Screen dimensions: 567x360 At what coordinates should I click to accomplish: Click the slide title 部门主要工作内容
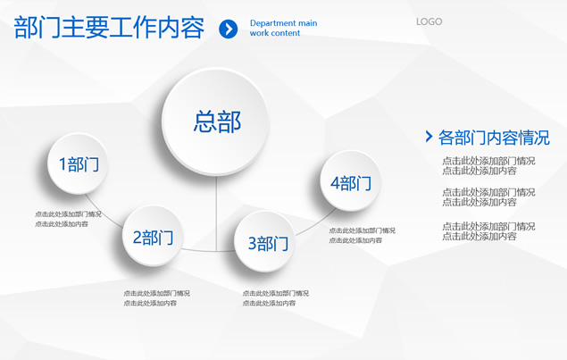[x=109, y=28]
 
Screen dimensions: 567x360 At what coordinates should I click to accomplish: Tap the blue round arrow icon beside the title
[x=229, y=29]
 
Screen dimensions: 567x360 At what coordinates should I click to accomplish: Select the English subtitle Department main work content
[x=284, y=28]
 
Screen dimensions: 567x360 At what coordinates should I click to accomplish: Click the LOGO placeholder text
[x=429, y=21]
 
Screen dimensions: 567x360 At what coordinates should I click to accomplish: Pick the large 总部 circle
[x=216, y=121]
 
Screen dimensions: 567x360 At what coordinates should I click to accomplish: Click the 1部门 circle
[x=78, y=163]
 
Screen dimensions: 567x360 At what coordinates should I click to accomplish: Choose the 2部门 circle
[x=153, y=236]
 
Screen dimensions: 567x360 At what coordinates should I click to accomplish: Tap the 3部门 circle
[x=265, y=242]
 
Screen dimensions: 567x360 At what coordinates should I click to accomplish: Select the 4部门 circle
[x=350, y=181]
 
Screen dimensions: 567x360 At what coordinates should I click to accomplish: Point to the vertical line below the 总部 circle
[x=216, y=213]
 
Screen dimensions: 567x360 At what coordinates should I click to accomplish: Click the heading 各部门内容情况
[x=494, y=138]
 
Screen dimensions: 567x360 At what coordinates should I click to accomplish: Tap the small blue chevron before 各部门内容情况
[x=429, y=137]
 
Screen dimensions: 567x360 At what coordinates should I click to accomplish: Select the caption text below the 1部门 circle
[x=68, y=219]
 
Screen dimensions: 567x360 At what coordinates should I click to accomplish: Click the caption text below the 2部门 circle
[x=156, y=298]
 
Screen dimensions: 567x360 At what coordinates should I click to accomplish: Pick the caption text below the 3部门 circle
[x=276, y=298]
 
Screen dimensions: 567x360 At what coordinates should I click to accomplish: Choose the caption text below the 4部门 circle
[x=362, y=235]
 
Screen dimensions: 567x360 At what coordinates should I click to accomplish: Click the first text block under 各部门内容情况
[x=488, y=166]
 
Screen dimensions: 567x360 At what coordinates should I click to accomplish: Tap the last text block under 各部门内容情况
[x=488, y=231]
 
